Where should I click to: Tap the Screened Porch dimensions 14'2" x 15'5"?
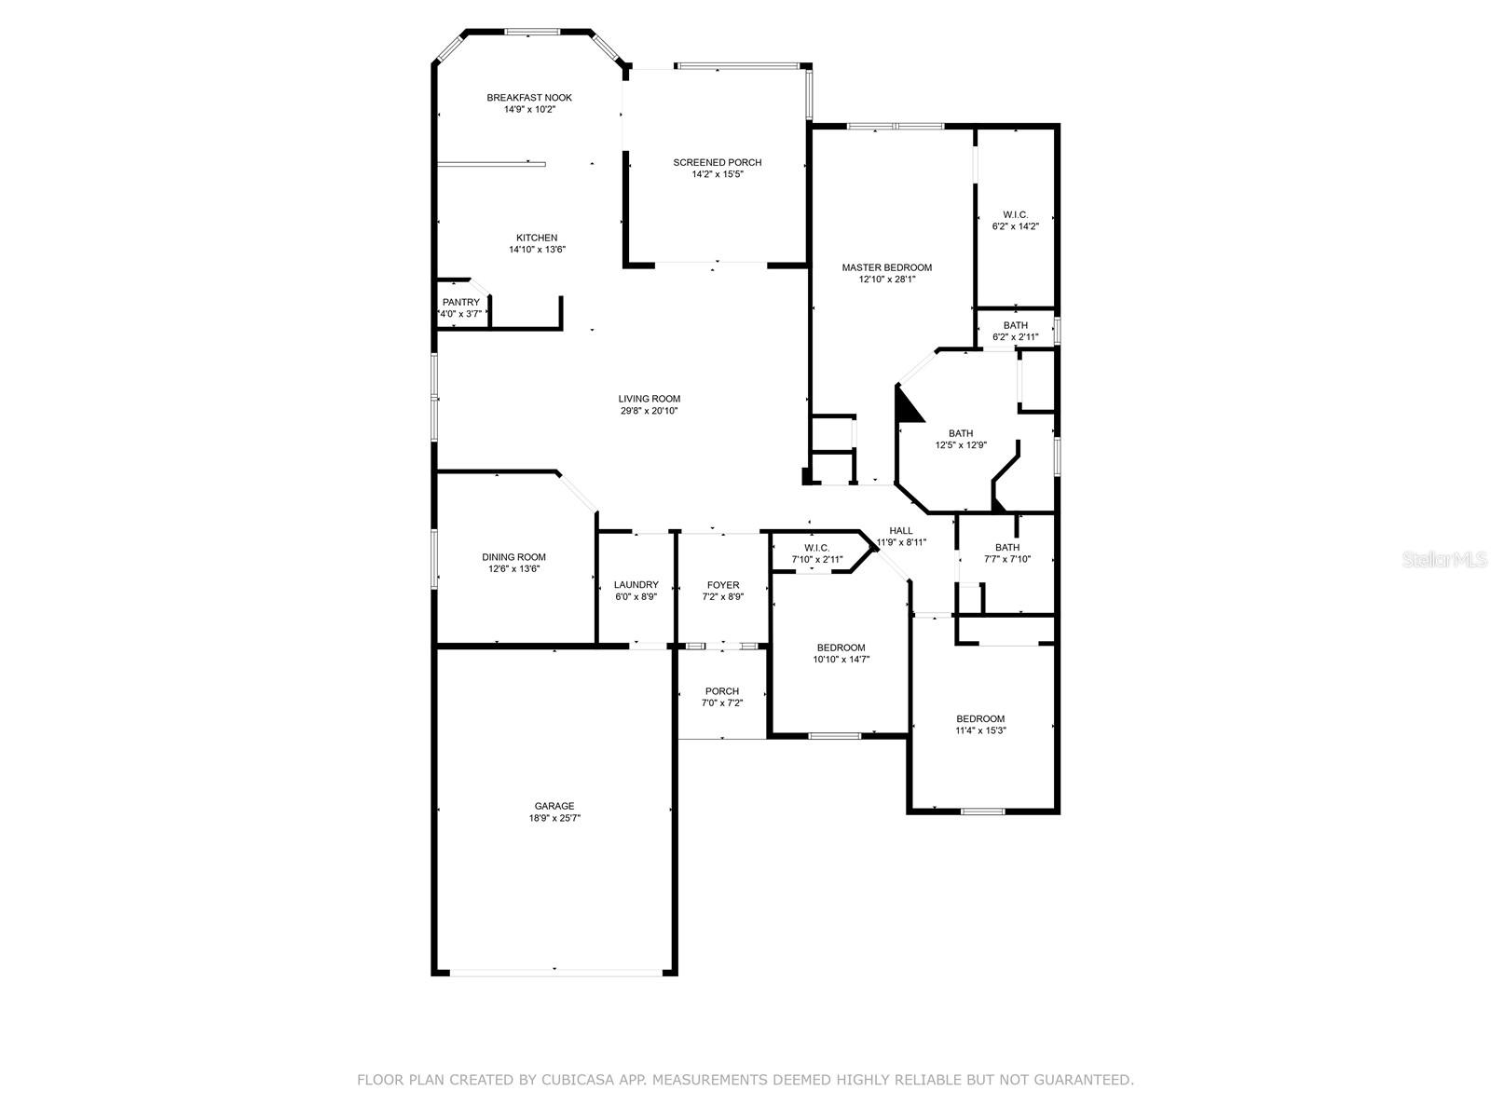click(x=717, y=174)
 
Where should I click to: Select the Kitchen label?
click(x=537, y=238)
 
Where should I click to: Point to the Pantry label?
click(x=460, y=302)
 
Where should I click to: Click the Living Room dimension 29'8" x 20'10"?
click(x=650, y=411)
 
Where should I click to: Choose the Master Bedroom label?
click(x=886, y=267)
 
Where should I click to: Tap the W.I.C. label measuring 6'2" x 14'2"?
click(x=1015, y=214)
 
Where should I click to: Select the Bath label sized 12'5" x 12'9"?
click(x=960, y=433)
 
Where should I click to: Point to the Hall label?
click(x=900, y=530)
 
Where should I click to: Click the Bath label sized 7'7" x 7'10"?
click(x=1006, y=548)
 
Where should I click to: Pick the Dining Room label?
click(x=513, y=557)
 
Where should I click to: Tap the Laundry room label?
click(x=636, y=585)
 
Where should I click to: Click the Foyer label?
click(x=722, y=585)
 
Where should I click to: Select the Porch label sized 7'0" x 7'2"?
click(x=721, y=691)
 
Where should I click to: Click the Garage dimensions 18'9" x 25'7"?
click(x=554, y=818)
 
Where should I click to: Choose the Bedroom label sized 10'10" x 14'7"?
click(x=841, y=648)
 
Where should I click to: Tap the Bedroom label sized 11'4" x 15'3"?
click(x=980, y=718)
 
